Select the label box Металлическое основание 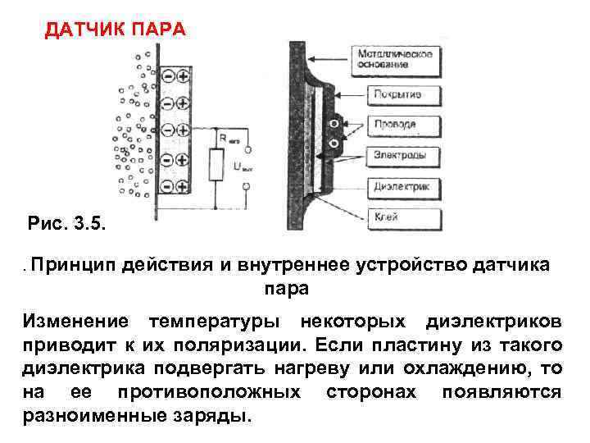[394, 58]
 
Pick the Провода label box [395, 125]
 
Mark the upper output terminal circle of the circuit [246, 149]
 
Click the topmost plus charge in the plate [182, 76]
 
